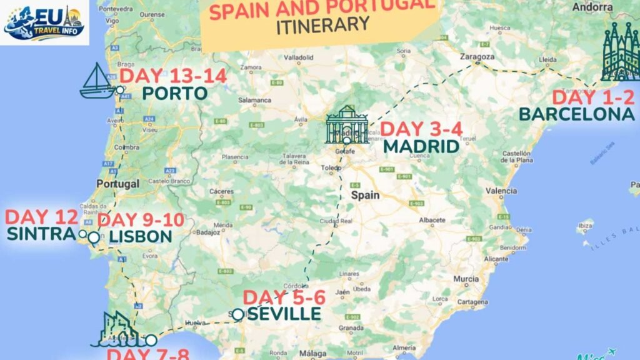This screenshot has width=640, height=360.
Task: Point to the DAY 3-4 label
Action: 421,129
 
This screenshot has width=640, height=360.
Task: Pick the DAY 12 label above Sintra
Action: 41,217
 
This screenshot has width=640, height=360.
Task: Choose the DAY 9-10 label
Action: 141,220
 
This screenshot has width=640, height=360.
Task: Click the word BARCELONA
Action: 576,114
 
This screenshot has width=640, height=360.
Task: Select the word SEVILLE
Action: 284,314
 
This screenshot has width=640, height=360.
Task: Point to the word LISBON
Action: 140,236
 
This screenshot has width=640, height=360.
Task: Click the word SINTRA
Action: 41,234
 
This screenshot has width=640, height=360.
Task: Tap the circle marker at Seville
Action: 237,315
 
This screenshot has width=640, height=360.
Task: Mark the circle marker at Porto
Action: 120,90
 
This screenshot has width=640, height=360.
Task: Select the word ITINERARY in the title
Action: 322,26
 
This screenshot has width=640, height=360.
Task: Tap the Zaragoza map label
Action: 477,56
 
